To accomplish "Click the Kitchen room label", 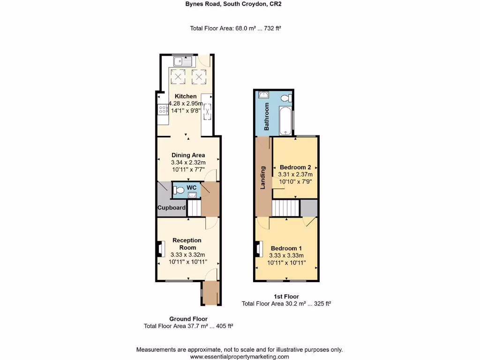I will [x=186, y=97].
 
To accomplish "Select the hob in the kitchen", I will [x=163, y=110].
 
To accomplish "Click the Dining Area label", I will [x=188, y=155].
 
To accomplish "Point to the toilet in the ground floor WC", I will [x=179, y=190].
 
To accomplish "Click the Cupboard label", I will [x=172, y=208].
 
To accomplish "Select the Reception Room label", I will [x=187, y=244].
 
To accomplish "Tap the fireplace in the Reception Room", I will [x=160, y=249].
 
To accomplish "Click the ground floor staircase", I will [x=194, y=208].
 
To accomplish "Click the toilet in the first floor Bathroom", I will [x=287, y=98].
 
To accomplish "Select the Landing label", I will [x=263, y=178].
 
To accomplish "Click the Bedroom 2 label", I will [x=295, y=167].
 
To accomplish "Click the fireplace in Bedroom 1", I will [x=258, y=249].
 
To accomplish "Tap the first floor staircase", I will [x=285, y=208].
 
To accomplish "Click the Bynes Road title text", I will [x=240, y=4].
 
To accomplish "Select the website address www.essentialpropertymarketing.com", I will [x=240, y=356].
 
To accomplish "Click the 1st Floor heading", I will [x=286, y=296].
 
